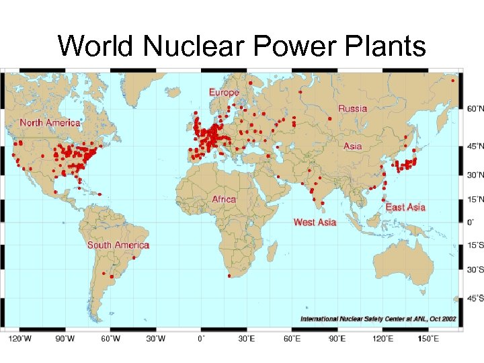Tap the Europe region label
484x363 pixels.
(x=224, y=92)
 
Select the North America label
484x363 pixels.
(x=50, y=122)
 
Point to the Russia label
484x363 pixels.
(x=352, y=108)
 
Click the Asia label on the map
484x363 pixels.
(x=352, y=146)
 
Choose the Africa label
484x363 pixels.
(x=224, y=199)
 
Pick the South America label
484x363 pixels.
(x=118, y=245)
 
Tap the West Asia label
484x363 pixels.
(x=315, y=222)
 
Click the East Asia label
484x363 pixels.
(x=405, y=207)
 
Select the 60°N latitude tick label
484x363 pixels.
(x=475, y=108)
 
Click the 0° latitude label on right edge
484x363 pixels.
(x=471, y=221)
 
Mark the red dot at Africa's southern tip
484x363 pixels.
(x=230, y=276)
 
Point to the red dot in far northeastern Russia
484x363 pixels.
(x=453, y=81)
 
